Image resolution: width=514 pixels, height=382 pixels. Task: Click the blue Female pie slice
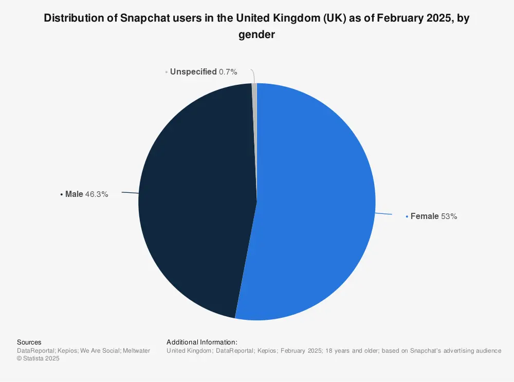coord(314,206)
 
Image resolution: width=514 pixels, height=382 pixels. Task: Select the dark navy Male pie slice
coord(195,201)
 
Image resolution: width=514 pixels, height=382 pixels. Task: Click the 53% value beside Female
coord(449,216)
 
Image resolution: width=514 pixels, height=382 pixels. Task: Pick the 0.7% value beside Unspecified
coord(228,72)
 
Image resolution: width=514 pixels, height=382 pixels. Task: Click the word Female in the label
coord(425,216)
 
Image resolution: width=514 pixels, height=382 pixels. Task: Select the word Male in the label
coord(74,194)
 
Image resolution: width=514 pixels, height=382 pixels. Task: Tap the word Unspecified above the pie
coord(193,72)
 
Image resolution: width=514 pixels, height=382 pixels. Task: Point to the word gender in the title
coord(256,35)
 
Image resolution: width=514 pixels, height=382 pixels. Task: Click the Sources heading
coord(29,342)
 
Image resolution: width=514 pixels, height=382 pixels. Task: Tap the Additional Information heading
coord(202,342)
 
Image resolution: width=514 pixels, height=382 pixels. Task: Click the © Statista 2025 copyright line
coord(38,359)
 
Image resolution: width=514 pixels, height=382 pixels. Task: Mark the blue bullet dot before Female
coord(407,216)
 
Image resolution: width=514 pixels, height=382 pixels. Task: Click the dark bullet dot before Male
coord(62,194)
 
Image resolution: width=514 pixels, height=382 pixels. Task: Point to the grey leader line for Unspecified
coord(253,76)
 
